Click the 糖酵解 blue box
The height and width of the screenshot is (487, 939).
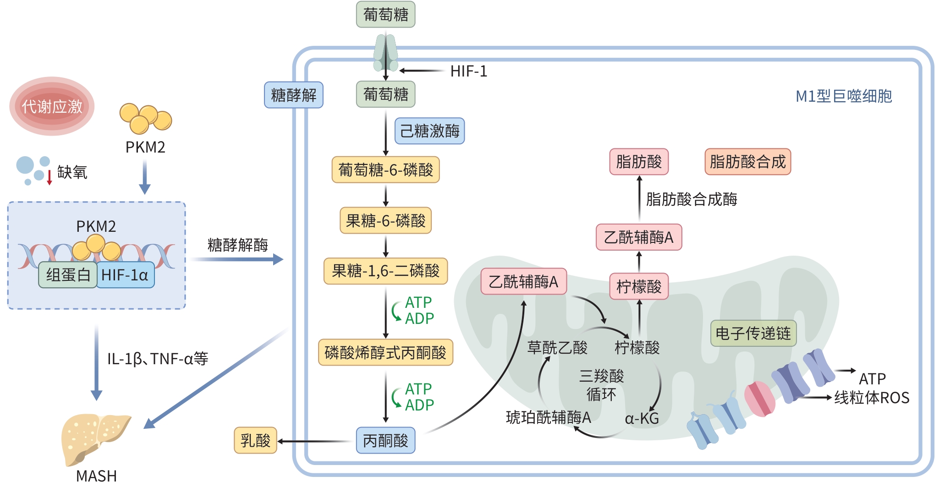(x=293, y=95)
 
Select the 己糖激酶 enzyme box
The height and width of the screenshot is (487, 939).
(x=429, y=131)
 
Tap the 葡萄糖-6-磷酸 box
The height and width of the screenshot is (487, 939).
(x=385, y=170)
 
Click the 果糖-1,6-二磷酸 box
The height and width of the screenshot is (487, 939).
(x=385, y=271)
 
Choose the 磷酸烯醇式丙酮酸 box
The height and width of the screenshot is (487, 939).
(x=385, y=352)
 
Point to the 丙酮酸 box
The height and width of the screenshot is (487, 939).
(x=385, y=441)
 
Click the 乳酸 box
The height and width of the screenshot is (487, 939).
(x=255, y=441)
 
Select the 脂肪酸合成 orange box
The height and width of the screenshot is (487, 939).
(x=747, y=162)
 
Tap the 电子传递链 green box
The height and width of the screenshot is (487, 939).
(x=753, y=333)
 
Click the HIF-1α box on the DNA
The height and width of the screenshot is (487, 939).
(x=125, y=275)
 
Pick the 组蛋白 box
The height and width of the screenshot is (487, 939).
(x=68, y=275)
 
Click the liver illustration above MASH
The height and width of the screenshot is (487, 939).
(x=94, y=438)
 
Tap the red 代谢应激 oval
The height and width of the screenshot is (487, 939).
(x=52, y=106)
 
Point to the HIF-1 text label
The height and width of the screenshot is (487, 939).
(x=468, y=71)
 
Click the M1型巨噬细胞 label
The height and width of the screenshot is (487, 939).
(x=843, y=96)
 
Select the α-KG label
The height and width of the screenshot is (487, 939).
(x=642, y=418)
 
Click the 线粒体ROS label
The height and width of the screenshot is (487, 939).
(x=872, y=398)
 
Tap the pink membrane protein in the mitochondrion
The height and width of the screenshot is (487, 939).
(x=759, y=399)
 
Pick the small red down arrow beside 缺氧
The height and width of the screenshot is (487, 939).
(x=49, y=177)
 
